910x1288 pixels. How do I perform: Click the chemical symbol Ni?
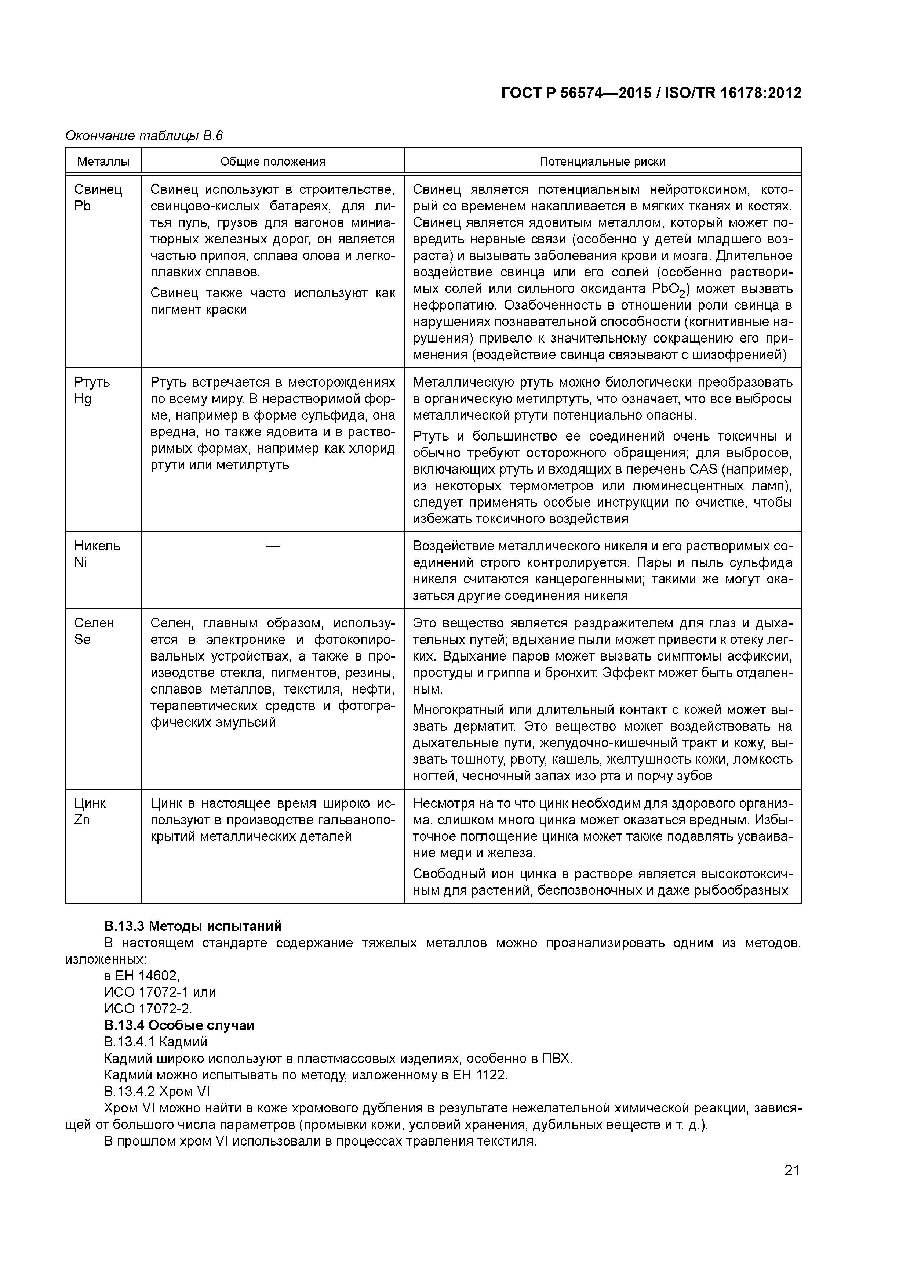click(x=80, y=562)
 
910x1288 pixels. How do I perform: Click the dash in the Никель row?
click(x=273, y=546)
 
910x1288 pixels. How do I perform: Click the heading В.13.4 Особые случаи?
click(x=179, y=1025)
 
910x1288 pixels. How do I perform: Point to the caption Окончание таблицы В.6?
click(x=144, y=136)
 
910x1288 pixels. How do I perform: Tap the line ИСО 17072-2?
click(x=148, y=1009)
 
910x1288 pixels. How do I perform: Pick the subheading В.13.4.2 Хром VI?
click(x=156, y=1091)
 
